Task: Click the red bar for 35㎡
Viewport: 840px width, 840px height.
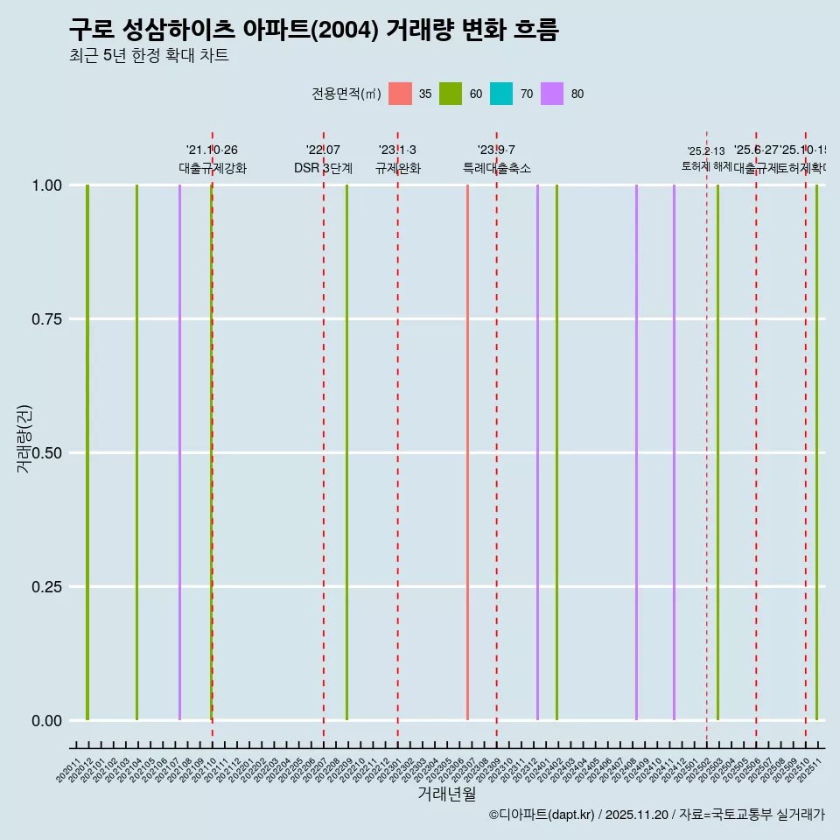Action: pos(467,452)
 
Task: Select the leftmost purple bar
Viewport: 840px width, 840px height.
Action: pos(179,452)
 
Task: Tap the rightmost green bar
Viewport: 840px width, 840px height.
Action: pos(816,452)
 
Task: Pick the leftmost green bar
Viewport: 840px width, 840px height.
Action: pos(87,452)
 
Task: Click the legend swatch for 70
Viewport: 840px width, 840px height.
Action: pos(501,94)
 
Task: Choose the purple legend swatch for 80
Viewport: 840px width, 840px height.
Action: pos(552,94)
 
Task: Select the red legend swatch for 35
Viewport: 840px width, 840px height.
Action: pos(400,94)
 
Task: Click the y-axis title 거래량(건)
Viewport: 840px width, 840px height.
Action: pos(24,439)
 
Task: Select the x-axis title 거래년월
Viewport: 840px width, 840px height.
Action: pos(446,794)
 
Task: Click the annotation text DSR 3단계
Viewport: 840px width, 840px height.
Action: pos(323,168)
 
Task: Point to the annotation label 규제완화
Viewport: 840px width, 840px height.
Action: pos(398,168)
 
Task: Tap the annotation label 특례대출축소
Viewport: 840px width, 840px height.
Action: pos(497,168)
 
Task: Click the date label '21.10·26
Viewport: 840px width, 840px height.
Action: pos(212,150)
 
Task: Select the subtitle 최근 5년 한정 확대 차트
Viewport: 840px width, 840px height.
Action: pos(149,56)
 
